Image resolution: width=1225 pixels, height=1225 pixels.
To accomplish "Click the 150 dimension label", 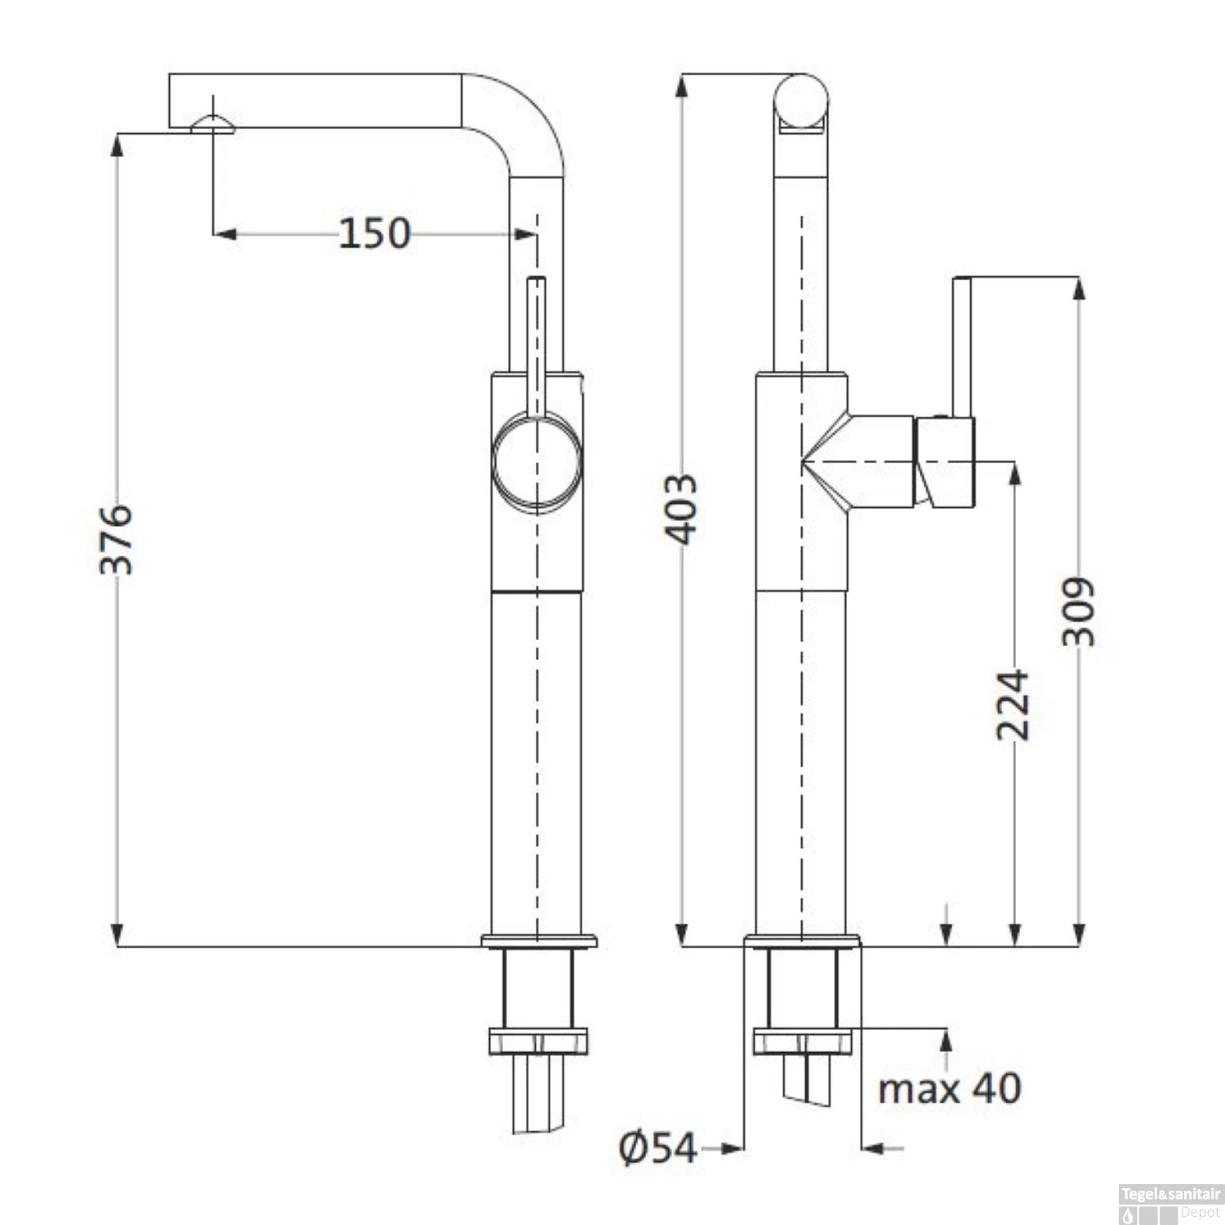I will click(374, 234).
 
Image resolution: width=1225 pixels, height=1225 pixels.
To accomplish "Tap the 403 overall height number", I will click(681, 508).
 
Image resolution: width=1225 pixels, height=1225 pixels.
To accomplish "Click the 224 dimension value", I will click(1013, 705).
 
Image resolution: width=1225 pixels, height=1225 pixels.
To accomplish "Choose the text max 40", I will click(949, 1089).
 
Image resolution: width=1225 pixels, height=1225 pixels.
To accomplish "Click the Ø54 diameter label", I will click(657, 1148).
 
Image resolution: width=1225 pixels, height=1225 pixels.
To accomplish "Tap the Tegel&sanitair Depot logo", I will click(1170, 1202).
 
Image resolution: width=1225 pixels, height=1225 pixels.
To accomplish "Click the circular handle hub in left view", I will click(537, 461).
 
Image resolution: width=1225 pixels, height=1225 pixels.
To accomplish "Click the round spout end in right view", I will click(800, 101).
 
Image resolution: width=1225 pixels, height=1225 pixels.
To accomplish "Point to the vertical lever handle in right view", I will click(962, 346).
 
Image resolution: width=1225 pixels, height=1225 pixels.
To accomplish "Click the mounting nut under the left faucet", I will click(538, 1041).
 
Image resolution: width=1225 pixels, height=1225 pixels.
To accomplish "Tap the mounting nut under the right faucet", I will click(802, 1041).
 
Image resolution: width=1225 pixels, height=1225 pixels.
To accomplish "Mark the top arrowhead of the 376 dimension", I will click(118, 144).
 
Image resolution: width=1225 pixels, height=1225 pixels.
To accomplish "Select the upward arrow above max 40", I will click(947, 1039).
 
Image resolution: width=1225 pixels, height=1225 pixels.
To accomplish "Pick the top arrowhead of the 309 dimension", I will click(1079, 289).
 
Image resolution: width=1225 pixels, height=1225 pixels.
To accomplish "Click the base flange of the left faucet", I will click(539, 941).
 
